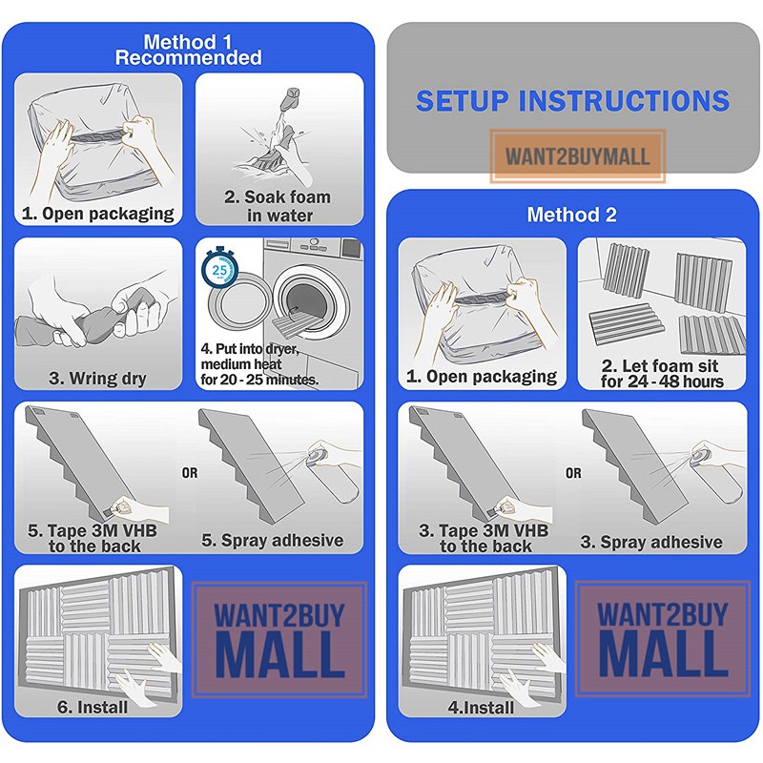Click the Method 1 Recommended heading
click(188, 50)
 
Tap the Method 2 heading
click(571, 215)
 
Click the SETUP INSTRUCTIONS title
click(573, 101)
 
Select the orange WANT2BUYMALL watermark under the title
click(578, 156)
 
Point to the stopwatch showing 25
click(219, 268)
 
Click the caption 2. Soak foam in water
click(278, 206)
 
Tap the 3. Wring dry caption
click(98, 378)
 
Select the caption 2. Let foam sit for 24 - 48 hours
click(662, 373)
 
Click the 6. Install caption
click(93, 707)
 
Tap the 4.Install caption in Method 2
click(481, 707)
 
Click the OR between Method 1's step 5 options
click(190, 473)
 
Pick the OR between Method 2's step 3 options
click(573, 473)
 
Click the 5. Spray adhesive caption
click(273, 540)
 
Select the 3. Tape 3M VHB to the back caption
click(485, 538)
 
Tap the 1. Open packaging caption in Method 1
click(98, 214)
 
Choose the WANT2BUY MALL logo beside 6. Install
click(279, 640)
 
